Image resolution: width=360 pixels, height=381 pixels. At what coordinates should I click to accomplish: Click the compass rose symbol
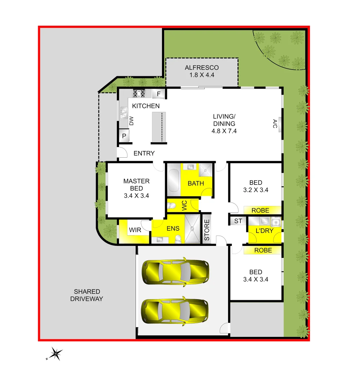point(56,353)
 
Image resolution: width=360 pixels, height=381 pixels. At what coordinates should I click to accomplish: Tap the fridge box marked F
point(159,94)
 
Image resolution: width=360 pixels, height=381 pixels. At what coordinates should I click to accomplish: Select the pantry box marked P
point(124,136)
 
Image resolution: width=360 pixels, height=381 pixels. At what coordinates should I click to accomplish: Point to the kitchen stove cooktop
point(139,93)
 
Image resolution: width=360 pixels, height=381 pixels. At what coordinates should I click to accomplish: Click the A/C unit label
point(275,124)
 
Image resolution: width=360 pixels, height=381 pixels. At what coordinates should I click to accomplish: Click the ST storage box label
point(238,221)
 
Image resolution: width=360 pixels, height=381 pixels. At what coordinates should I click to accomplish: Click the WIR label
point(135,230)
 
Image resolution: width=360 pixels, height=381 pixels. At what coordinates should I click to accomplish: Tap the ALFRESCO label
point(202,68)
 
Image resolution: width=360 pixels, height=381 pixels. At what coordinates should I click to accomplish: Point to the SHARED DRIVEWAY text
point(87,295)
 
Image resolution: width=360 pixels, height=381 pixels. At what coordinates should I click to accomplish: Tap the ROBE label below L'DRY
point(263,250)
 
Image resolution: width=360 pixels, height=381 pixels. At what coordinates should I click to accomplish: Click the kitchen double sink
point(124,112)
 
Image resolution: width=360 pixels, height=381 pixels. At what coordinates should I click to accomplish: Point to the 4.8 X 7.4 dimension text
point(224,131)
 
